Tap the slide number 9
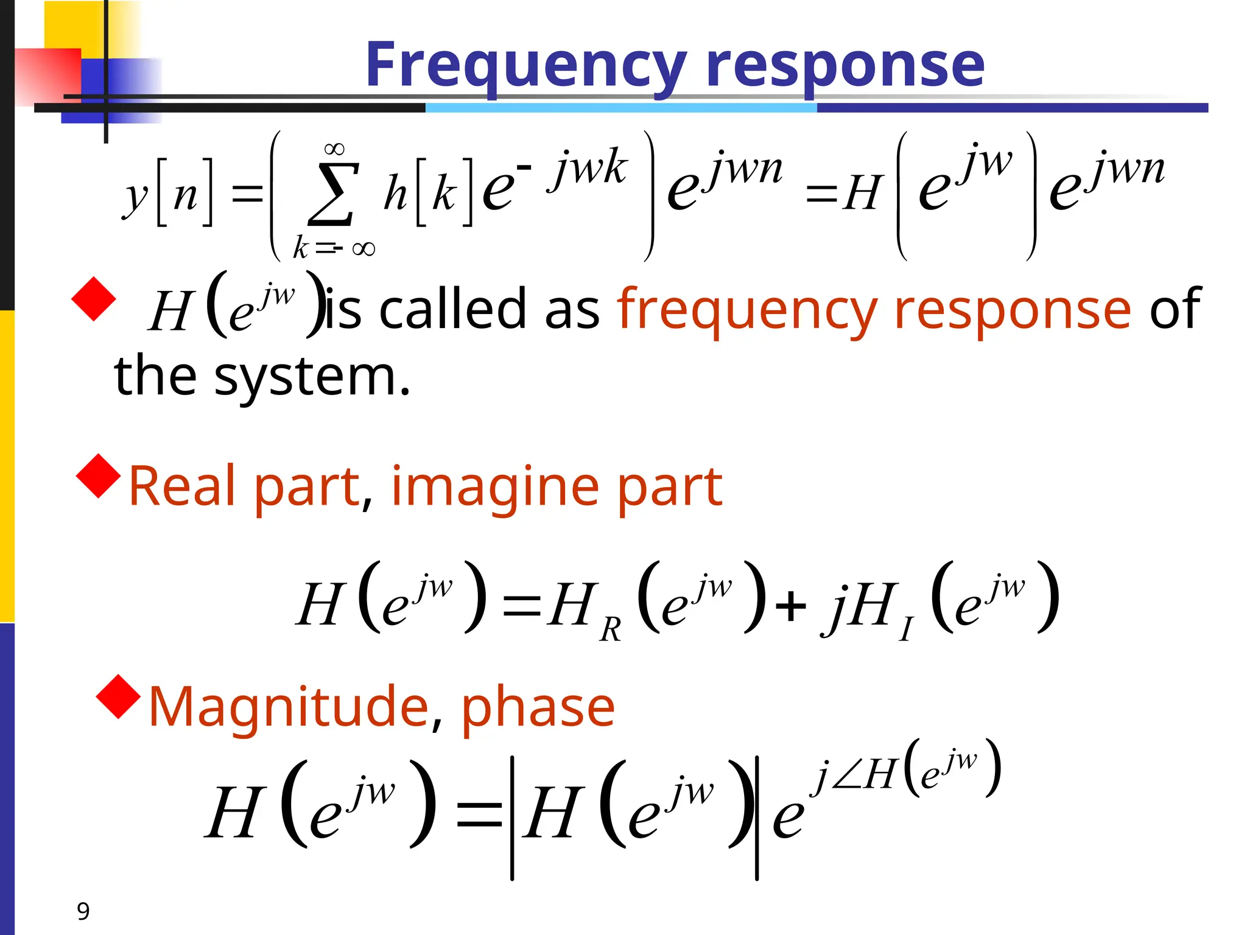(83, 911)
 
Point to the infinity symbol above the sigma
(334, 149)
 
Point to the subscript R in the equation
(610, 629)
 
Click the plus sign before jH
(791, 607)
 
